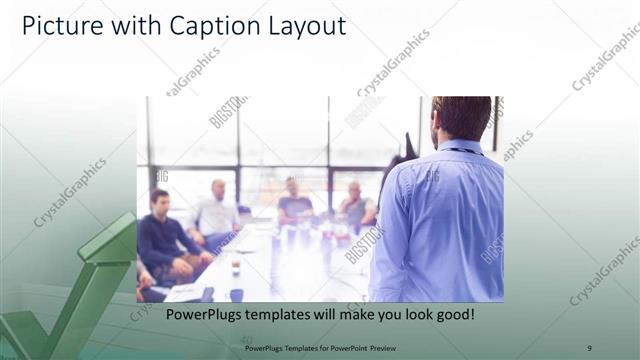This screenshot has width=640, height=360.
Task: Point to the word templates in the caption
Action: (x=283, y=315)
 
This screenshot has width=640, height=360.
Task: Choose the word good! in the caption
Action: (x=451, y=315)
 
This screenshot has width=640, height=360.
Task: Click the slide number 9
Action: (x=589, y=347)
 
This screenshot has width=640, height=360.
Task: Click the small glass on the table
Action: (x=236, y=268)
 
